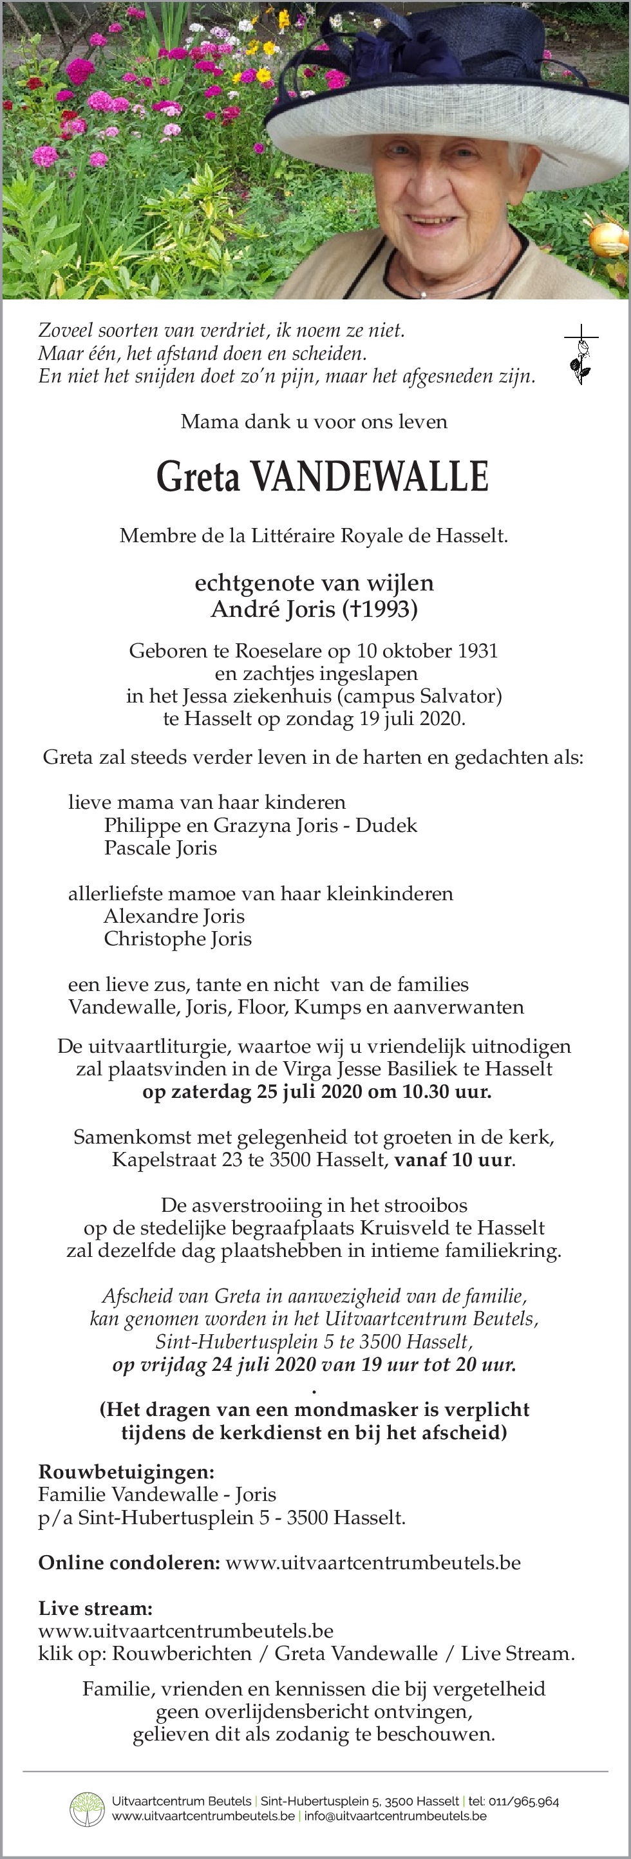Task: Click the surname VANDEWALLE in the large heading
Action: (x=369, y=477)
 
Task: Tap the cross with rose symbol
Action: (x=581, y=354)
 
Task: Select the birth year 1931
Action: (x=477, y=651)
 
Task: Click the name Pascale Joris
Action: (x=160, y=848)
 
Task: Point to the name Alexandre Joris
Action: (x=174, y=916)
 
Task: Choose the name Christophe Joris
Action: (x=178, y=939)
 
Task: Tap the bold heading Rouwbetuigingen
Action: (x=126, y=1472)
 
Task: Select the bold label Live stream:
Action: (x=95, y=1609)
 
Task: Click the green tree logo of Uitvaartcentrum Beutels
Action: (x=87, y=1810)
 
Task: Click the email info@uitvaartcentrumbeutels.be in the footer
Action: (x=395, y=1816)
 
